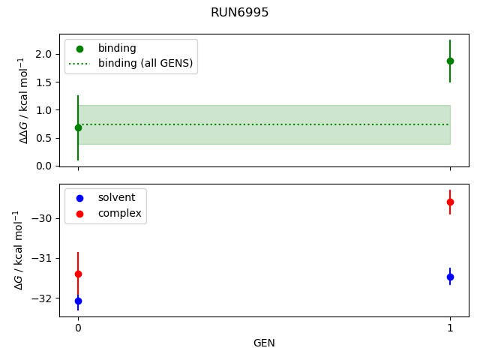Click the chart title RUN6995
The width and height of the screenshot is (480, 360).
click(x=240, y=13)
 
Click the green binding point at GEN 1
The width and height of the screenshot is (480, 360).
click(x=450, y=61)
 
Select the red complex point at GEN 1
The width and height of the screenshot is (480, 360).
click(x=450, y=202)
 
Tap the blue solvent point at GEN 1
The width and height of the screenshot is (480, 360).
click(x=450, y=277)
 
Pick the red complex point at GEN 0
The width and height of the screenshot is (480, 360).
click(x=78, y=274)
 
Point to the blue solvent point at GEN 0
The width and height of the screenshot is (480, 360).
click(x=78, y=301)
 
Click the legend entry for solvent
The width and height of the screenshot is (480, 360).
click(x=116, y=197)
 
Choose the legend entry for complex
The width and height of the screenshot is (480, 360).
click(x=119, y=214)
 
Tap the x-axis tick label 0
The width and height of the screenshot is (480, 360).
click(x=78, y=328)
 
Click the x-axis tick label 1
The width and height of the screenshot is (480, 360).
click(x=450, y=328)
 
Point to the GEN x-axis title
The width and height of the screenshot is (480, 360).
click(x=264, y=343)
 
